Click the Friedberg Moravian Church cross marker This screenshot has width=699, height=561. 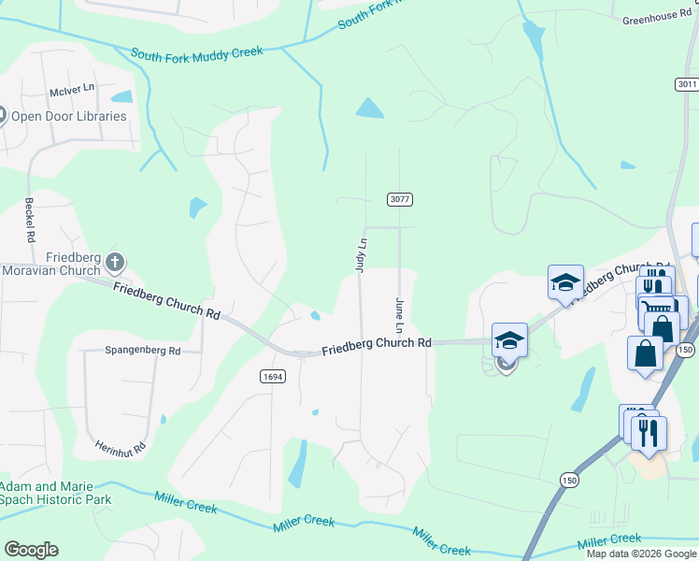115,261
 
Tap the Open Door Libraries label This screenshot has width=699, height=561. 68,117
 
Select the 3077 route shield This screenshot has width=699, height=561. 400,199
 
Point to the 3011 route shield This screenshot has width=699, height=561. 687,84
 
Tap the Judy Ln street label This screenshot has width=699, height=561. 360,255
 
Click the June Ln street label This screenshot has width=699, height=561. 399,316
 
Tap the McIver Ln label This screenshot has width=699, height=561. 73,92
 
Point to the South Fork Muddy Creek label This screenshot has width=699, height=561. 197,53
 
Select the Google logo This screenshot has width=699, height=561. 31,550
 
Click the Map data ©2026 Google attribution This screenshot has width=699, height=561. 641,554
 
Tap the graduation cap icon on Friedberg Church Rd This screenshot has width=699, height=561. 510,340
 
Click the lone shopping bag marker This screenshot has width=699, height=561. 645,353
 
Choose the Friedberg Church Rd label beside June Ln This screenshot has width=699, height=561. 377,346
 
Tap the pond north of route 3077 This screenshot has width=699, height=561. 370,108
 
